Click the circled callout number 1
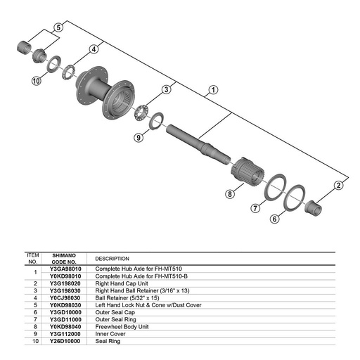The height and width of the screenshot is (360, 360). (213, 90)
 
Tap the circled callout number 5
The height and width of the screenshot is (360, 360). (58, 27)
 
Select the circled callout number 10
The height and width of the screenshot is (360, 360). (36, 81)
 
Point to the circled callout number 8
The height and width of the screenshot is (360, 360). (230, 194)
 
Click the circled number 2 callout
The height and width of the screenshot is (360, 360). (338, 186)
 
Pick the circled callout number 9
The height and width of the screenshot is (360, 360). (139, 137)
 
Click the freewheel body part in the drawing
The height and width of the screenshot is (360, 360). (247, 171)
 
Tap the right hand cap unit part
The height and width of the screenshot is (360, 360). (313, 208)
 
